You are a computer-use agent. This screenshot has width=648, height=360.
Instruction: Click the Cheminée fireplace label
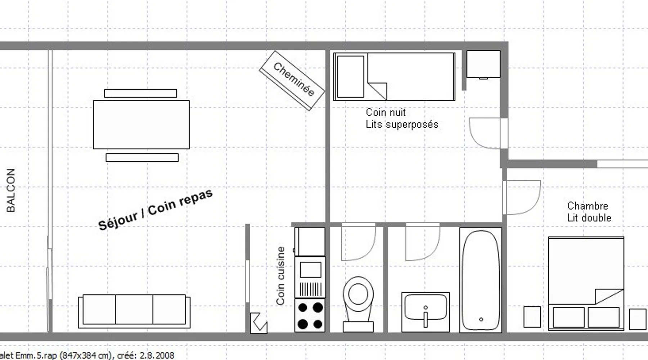coord(294,79)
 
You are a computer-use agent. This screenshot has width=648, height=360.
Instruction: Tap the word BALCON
coord(11,190)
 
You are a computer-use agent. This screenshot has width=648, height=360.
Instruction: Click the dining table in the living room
coord(141,125)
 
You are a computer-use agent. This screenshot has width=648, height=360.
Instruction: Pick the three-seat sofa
coord(134,311)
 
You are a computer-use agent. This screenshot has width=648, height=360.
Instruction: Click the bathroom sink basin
coord(426,308)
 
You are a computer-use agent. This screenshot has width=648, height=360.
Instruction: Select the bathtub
coord(481,280)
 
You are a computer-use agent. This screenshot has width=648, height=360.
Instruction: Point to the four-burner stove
coord(310,315)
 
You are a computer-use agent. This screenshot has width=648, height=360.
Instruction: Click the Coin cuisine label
coord(280,276)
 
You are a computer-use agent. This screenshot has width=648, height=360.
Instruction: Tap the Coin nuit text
coord(386,112)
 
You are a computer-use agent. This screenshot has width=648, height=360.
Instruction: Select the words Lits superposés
coord(402,125)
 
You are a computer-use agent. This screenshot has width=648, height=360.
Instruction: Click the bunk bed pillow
coord(350,76)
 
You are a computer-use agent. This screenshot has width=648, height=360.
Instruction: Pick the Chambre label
coord(588,206)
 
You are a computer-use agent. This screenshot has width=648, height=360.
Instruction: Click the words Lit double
coord(589,218)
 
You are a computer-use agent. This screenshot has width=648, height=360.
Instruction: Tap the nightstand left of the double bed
coord(532,317)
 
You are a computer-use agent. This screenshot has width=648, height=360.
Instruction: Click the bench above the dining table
coord(140,93)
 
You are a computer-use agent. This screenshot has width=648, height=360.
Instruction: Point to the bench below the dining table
coord(142,157)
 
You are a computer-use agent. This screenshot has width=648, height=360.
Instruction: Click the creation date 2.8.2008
coord(157,356)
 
